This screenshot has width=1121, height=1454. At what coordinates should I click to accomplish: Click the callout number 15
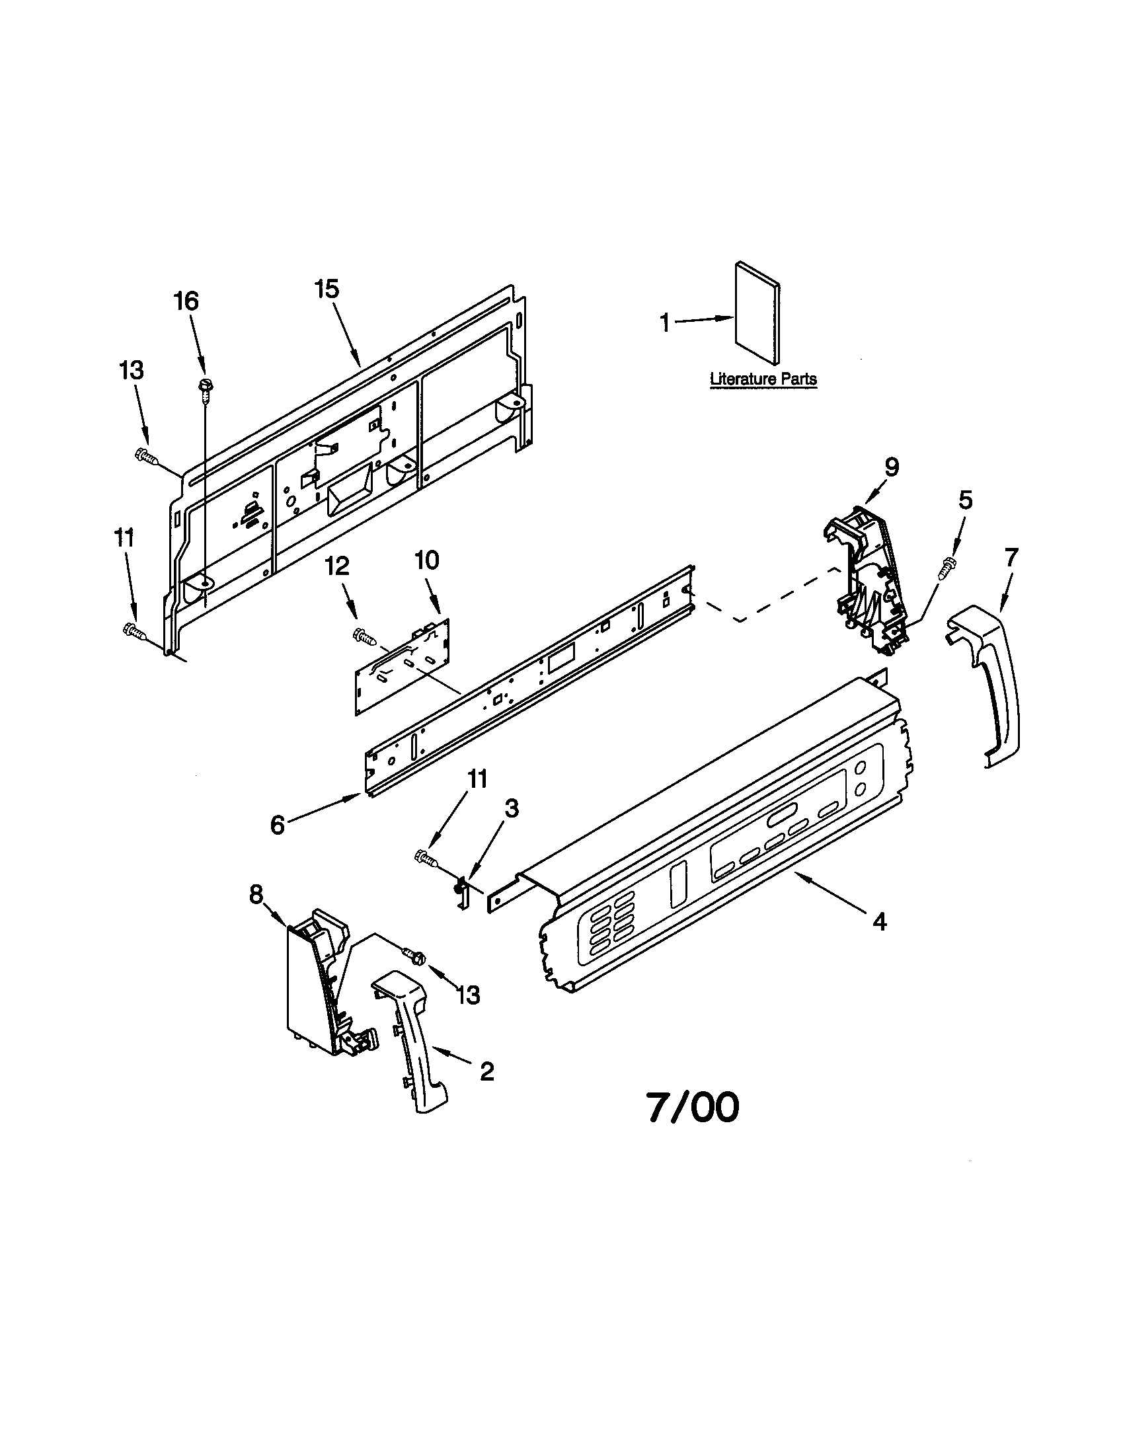pyautogui.click(x=327, y=289)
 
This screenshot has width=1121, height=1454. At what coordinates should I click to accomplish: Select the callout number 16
pyautogui.click(x=186, y=301)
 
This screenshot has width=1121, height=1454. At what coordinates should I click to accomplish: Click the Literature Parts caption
pyautogui.click(x=763, y=379)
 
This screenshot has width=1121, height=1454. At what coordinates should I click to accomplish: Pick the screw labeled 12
pyautogui.click(x=364, y=636)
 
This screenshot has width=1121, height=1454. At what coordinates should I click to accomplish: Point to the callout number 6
pyautogui.click(x=278, y=825)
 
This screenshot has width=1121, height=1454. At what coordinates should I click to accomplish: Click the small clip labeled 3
pyautogui.click(x=461, y=891)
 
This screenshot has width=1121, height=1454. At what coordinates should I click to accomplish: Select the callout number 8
pyautogui.click(x=256, y=896)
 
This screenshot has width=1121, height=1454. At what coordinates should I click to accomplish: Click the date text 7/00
pyautogui.click(x=693, y=1108)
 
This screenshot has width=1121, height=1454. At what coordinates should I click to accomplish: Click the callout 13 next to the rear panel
pyautogui.click(x=132, y=370)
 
